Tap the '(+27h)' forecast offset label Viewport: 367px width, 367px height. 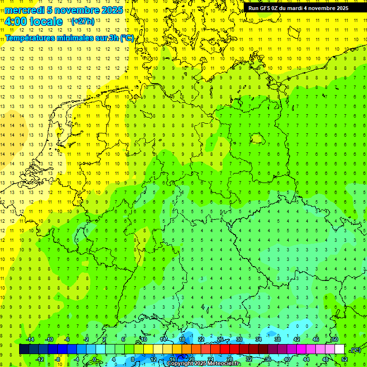(83, 22)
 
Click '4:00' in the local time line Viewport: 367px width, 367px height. (16, 22)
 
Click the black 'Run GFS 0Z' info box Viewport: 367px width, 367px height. (304, 8)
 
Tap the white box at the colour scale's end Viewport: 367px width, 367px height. (339, 349)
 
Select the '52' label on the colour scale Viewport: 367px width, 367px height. (344, 359)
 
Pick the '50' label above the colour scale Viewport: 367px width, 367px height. (335, 339)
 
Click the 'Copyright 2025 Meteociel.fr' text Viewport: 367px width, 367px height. (204, 364)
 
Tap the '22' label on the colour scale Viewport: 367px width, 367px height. (201, 339)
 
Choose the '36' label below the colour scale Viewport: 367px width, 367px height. (268, 359)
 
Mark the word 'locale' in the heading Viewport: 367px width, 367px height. (45, 22)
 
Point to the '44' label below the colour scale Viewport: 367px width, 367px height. (306, 359)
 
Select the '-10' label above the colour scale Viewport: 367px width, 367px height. (49, 339)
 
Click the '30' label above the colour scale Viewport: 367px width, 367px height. (239, 339)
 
